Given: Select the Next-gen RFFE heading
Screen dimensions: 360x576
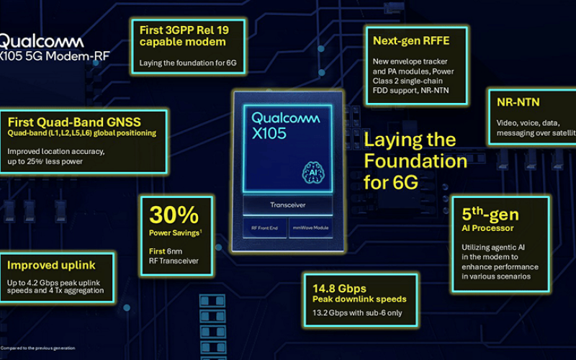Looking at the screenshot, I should point(409,40).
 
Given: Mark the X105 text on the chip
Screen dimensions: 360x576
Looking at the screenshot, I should point(269,133).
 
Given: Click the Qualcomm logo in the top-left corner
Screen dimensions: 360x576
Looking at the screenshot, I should point(37,41).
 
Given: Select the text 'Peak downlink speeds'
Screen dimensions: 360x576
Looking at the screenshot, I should point(359,298).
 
